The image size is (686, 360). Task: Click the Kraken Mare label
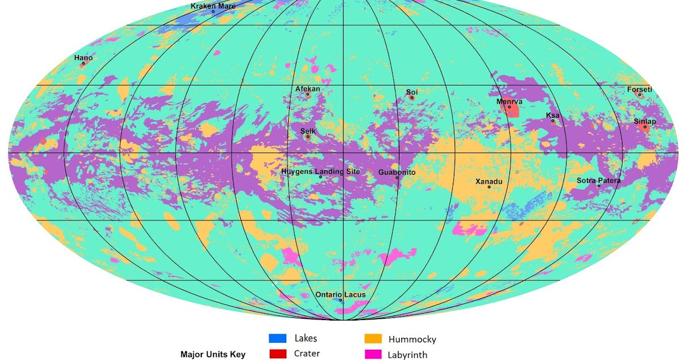pos(213,6)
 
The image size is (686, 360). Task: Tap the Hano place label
pos(83,58)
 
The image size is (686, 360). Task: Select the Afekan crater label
pos(308,89)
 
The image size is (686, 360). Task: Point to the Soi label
pos(412,91)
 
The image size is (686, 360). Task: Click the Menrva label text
pos(509,101)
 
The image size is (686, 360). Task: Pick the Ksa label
pos(553,115)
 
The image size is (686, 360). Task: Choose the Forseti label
pos(639,89)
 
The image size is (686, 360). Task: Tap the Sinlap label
pos(644,121)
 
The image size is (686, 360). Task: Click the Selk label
pos(308,131)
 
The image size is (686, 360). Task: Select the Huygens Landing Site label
pos(320,171)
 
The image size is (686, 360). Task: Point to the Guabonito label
pos(397,172)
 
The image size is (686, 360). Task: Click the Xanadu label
pos(489,181)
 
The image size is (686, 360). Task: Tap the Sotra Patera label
pos(598,181)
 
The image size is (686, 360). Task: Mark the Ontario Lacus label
pos(340,294)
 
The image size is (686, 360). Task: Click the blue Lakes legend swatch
pos(277,338)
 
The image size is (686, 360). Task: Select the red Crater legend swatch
pos(277,354)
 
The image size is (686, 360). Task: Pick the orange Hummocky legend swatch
pos(373,339)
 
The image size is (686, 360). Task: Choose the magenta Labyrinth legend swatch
pos(373,354)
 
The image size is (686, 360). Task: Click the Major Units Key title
pos(213,354)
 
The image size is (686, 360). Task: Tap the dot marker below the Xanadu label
pos(489,187)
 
